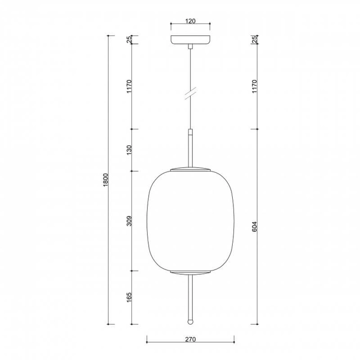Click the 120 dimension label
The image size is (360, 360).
[190, 21]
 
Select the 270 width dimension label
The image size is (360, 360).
[190, 339]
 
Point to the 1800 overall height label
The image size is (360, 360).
[106, 180]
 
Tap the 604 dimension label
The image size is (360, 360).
[254, 226]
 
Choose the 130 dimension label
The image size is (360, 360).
[130, 149]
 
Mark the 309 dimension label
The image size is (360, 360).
[130, 221]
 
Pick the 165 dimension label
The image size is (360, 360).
[130, 297]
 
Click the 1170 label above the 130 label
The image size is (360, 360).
[130, 86]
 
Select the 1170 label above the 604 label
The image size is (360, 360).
[254, 86]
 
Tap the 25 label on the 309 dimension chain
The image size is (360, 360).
[130, 40]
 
